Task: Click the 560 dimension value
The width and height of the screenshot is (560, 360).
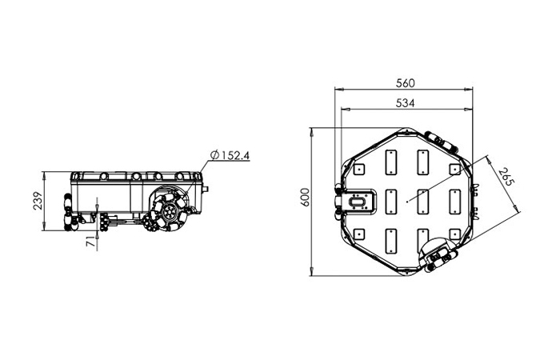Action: [406, 83]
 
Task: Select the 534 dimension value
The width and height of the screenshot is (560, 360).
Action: [406, 103]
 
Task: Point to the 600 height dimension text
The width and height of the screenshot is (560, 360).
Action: [305, 197]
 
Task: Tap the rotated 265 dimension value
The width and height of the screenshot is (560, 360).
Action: [506, 177]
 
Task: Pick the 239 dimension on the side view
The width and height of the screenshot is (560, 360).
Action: [38, 201]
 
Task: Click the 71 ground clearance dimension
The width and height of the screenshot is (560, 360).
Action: [91, 242]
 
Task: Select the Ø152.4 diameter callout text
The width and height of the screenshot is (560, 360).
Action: [230, 155]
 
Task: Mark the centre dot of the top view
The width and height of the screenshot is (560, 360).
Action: [407, 202]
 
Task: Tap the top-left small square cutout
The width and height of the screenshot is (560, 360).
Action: [359, 169]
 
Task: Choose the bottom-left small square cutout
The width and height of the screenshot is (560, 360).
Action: [359, 234]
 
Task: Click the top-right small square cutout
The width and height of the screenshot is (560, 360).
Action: [454, 169]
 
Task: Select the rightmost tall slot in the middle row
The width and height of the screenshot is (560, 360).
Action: [454, 202]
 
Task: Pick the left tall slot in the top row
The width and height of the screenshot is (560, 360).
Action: [391, 162]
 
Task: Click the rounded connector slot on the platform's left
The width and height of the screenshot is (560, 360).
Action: [357, 202]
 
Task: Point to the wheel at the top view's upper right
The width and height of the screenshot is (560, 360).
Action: [441, 142]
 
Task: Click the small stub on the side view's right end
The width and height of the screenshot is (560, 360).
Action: [205, 189]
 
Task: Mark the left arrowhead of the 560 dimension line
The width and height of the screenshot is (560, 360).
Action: [338, 89]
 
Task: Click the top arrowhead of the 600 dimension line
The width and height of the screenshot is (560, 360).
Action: [311, 131]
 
